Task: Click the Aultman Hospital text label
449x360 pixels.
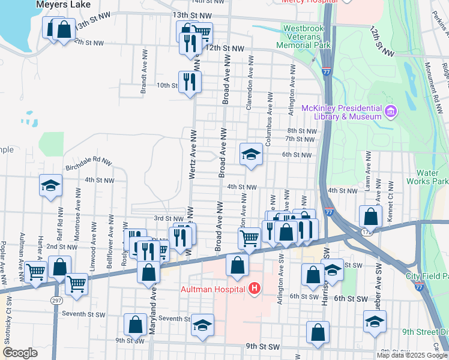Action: point(213,290)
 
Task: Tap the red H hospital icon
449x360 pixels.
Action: point(255,290)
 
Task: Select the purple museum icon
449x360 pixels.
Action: point(391,111)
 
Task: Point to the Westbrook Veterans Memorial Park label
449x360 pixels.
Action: point(304,36)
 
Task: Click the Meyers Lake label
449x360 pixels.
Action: point(63,4)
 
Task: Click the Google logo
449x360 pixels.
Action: point(20,353)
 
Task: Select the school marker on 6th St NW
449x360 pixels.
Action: point(251,154)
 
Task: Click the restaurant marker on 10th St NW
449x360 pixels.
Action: point(190,81)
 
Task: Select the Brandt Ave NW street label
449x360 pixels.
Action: point(144,72)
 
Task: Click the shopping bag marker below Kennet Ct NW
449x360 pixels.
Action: point(371,217)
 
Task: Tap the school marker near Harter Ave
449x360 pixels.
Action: point(51,185)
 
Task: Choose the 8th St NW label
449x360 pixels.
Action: point(301,130)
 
